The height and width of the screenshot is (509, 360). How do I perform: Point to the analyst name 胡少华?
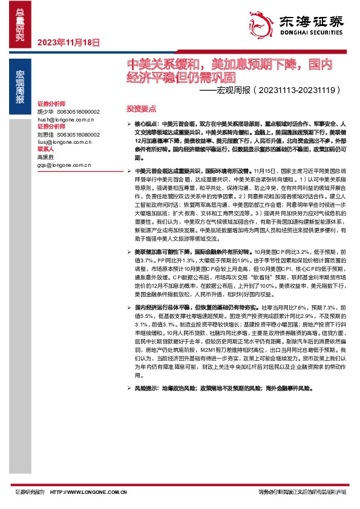[x=45, y=112]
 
